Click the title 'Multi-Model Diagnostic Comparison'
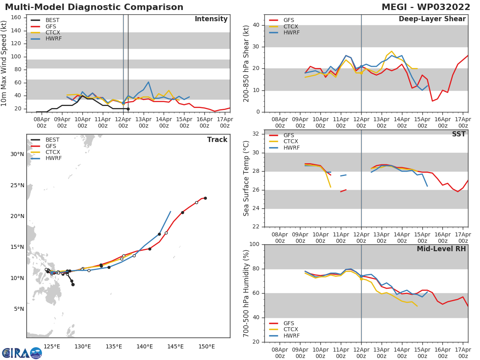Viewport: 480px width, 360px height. pyautogui.click(x=94, y=8)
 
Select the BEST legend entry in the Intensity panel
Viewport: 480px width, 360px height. pyautogui.click(x=52, y=20)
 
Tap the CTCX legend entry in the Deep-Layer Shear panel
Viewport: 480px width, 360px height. pyautogui.click(x=291, y=26)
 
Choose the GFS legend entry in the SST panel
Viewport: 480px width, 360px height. pyautogui.click(x=288, y=135)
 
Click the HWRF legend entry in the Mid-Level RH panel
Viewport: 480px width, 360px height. pyautogui.click(x=291, y=336)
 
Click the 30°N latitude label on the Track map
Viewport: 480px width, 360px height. pyautogui.click(x=17, y=154)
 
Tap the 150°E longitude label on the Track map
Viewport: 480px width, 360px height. pyautogui.click(x=206, y=346)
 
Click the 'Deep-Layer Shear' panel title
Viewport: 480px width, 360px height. pyautogui.click(x=432, y=19)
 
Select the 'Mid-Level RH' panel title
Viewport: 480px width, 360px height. pyautogui.click(x=441, y=249)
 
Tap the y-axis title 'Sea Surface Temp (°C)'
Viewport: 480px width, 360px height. pyautogui.click(x=246, y=178)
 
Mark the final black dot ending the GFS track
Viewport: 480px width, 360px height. pyautogui.click(x=205, y=198)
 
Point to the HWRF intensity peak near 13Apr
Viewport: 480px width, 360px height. pyautogui.click(x=148, y=82)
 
